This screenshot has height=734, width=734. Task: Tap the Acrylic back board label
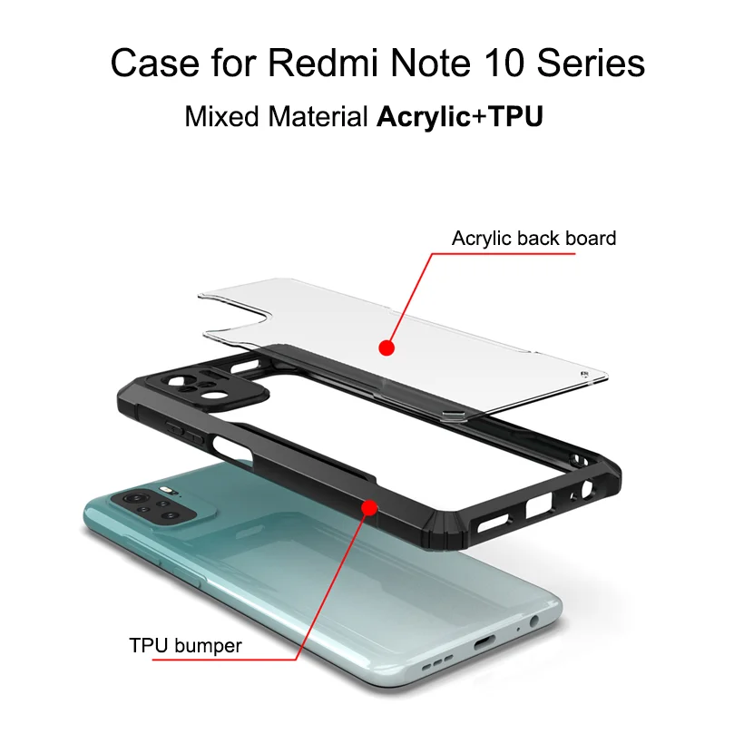533,239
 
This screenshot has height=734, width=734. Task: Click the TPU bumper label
185,647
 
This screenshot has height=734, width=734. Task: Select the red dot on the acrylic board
387,347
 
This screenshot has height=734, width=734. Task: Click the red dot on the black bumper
368,507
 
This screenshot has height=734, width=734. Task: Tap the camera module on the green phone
154,508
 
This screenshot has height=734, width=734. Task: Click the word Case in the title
146,64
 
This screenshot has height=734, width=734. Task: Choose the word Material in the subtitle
314,117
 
